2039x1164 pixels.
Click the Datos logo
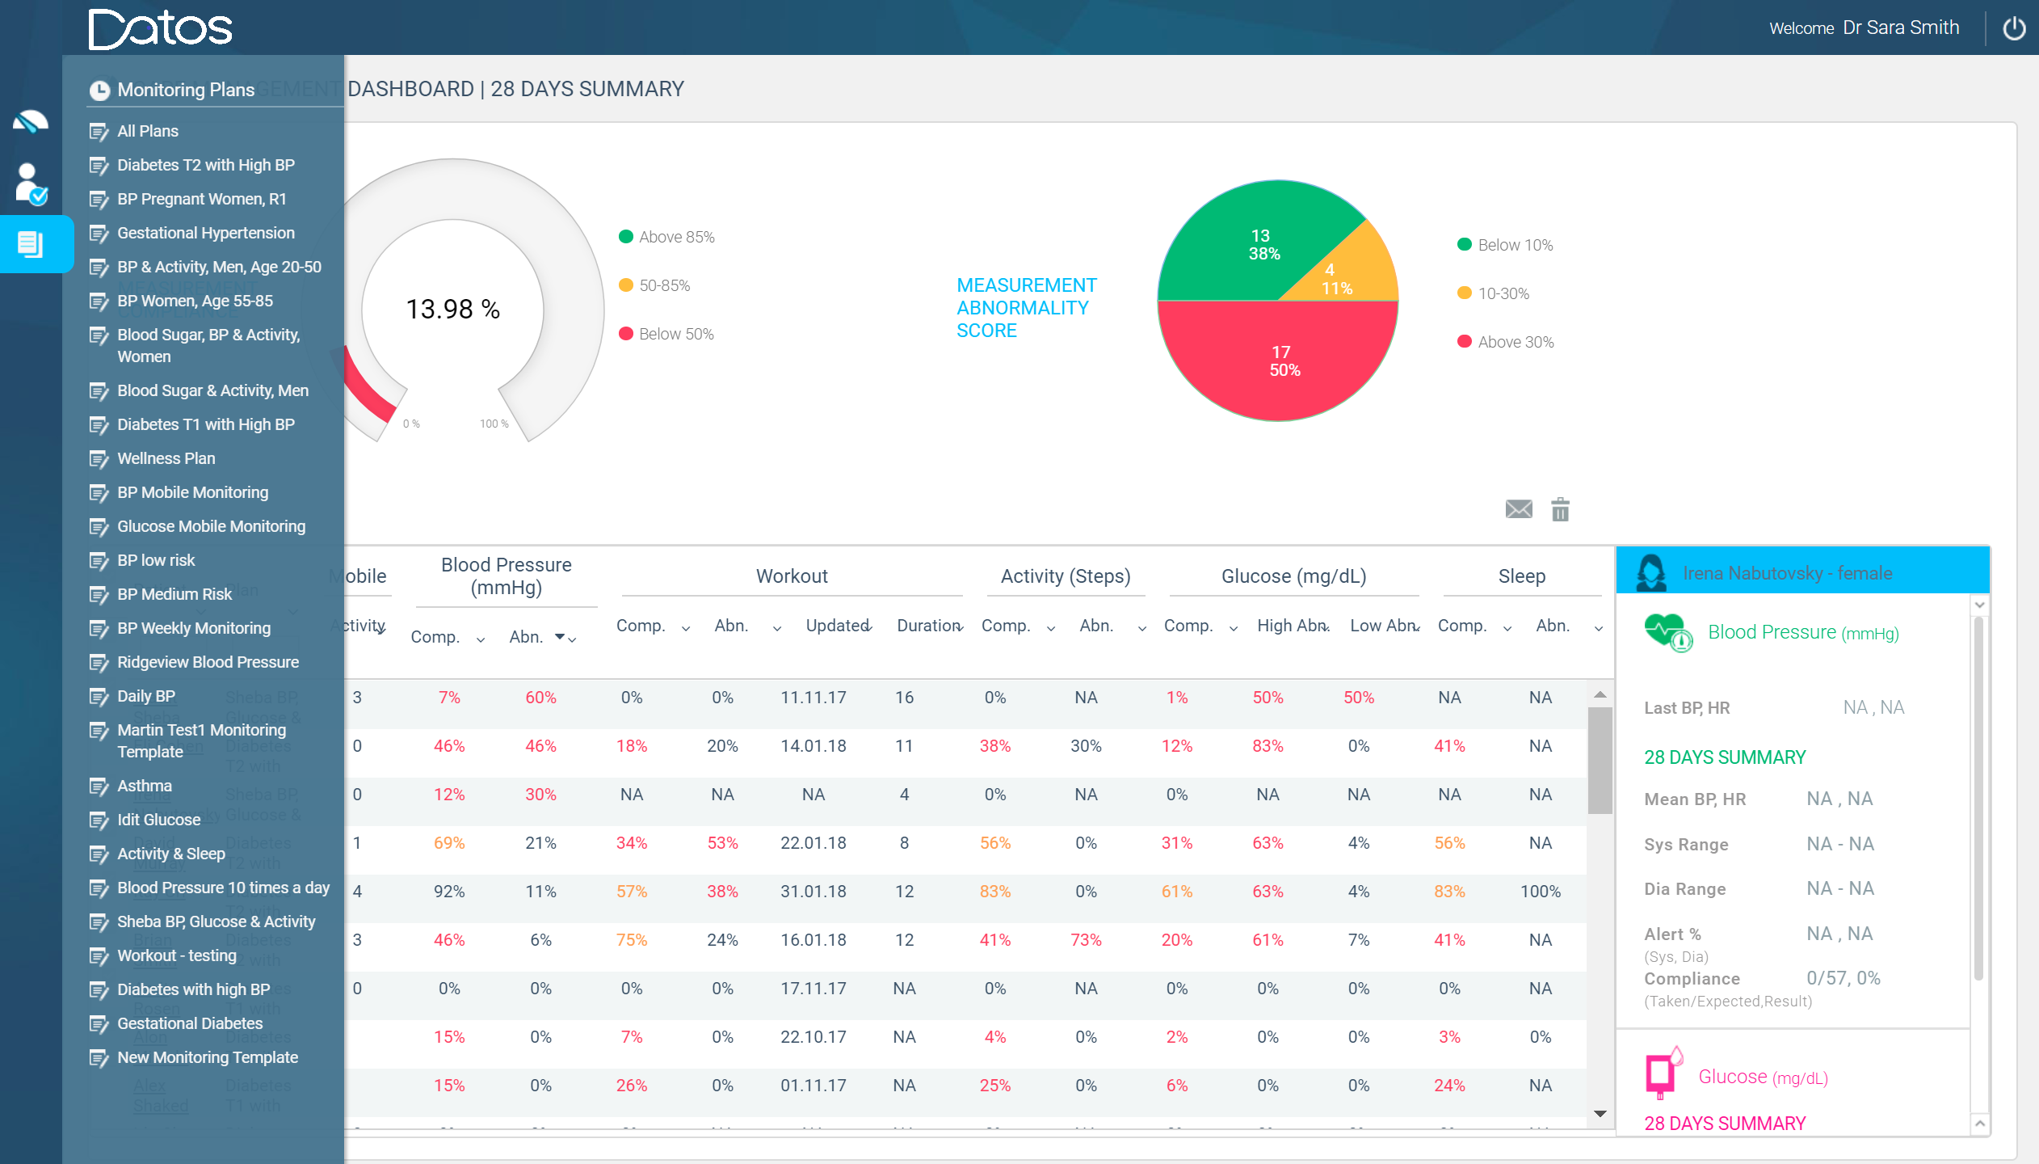pos(160,29)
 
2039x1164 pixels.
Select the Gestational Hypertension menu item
pos(205,233)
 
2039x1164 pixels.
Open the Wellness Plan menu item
pos(166,458)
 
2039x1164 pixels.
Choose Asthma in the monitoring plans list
pos(144,786)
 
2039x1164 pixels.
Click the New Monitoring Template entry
pos(207,1057)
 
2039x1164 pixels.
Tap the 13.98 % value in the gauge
pos(452,309)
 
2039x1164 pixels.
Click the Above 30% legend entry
pos(1515,342)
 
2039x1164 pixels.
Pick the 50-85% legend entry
pos(663,285)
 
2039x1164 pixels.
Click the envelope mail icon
pos(1518,509)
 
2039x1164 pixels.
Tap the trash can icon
pos(1560,509)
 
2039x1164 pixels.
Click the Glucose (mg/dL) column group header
pos(1293,576)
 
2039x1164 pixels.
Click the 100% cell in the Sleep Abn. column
pos(1540,892)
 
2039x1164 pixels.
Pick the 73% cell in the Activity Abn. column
pos(1086,940)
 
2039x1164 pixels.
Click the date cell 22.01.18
pos(813,843)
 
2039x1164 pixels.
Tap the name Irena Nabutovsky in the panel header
pos(1752,573)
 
